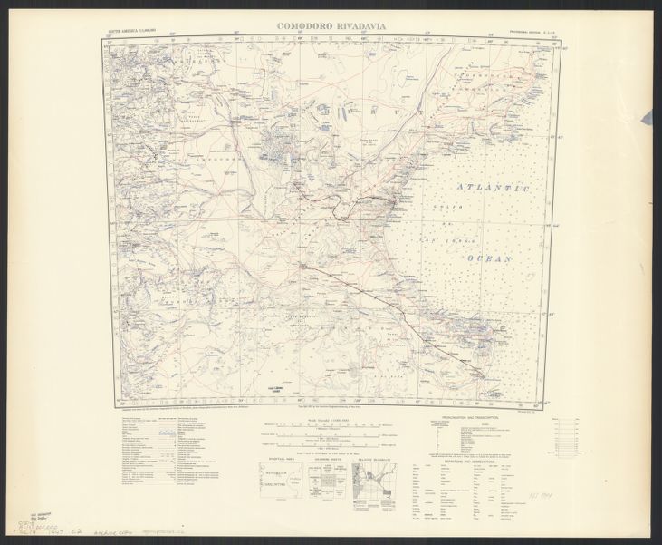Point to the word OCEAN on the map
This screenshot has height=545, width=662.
tap(489, 258)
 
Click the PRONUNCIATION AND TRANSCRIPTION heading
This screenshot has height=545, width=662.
tap(476, 418)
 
